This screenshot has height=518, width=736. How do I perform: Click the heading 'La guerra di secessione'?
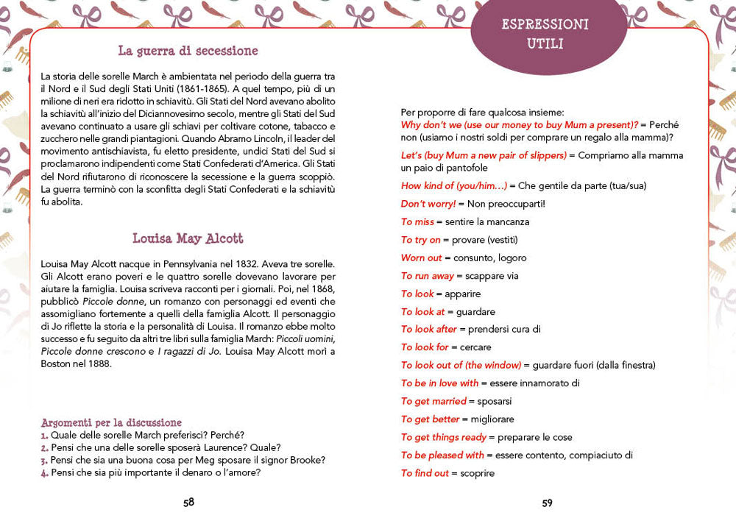[188, 52]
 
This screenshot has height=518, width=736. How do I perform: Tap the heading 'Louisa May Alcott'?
[188, 239]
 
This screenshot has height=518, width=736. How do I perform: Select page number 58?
[189, 503]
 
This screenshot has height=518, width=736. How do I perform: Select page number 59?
[547, 503]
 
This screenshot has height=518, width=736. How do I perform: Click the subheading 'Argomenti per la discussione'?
[111, 423]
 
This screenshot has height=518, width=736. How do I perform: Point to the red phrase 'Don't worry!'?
[428, 204]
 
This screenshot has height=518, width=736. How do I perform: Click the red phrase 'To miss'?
[417, 221]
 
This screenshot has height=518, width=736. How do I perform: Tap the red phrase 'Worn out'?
[421, 258]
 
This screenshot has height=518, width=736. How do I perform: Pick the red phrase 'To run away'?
[427, 276]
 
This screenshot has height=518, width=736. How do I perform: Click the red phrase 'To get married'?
[434, 401]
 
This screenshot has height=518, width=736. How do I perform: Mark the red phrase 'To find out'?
[425, 473]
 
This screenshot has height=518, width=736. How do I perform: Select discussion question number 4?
[151, 472]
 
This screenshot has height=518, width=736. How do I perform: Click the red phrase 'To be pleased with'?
[442, 455]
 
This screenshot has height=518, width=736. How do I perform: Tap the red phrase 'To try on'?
[420, 240]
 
